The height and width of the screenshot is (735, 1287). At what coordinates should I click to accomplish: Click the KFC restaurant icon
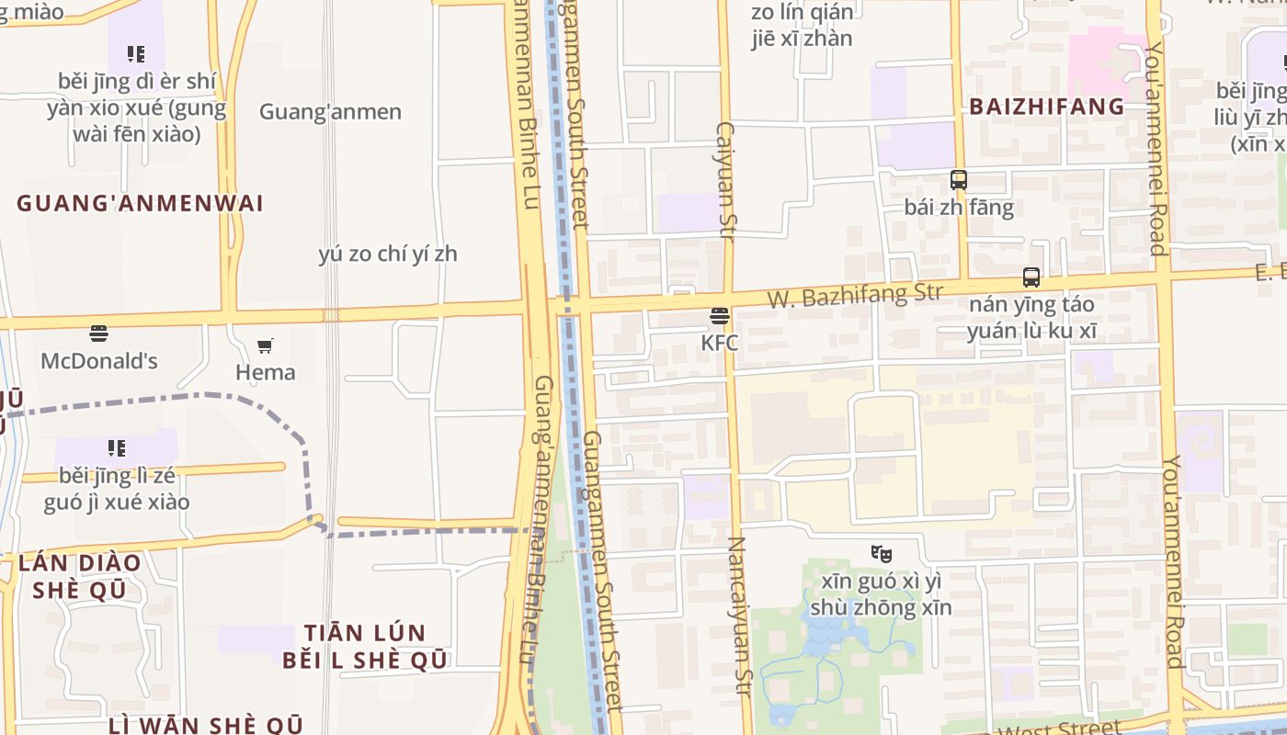coord(719,317)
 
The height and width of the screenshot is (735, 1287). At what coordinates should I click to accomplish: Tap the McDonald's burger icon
coord(98,333)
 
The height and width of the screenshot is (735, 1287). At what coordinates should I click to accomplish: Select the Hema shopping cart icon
coord(265,346)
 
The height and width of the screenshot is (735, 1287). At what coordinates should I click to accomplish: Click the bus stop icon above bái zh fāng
coord(959,180)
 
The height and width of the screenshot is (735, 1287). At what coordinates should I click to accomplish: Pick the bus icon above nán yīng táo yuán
coord(1031,277)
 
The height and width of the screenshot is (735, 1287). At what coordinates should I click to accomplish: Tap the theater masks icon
coord(881,554)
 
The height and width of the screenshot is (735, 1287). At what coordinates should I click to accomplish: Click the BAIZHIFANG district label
coord(1046,107)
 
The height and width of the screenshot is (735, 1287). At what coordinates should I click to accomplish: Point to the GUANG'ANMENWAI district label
coord(140,203)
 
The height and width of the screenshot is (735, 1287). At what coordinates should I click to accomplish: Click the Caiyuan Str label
coord(725,181)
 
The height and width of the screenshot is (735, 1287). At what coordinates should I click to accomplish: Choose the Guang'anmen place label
coord(330,112)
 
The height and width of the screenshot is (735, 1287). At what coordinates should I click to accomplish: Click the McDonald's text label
coord(98,361)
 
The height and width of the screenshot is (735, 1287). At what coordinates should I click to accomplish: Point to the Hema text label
coord(266,372)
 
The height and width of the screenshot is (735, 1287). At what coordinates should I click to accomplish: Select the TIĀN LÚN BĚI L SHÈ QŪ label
coord(365,646)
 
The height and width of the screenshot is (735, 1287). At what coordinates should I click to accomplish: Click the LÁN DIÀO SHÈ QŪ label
coord(79,576)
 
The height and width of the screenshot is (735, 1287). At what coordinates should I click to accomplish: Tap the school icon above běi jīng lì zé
coord(116,448)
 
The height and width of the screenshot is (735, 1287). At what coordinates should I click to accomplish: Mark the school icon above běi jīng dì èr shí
coord(136,54)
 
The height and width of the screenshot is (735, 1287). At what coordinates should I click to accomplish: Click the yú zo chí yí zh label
coord(387,254)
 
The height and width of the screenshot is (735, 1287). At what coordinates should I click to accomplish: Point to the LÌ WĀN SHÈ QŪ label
coord(205,726)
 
